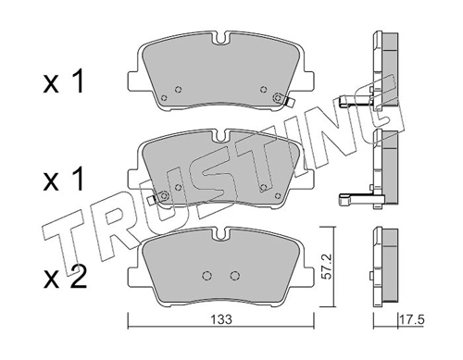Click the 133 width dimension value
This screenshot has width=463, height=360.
click(x=221, y=320)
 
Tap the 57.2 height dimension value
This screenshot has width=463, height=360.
click(x=327, y=267)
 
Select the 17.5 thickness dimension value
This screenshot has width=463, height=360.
click(x=412, y=320)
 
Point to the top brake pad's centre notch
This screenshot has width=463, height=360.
click(x=221, y=39)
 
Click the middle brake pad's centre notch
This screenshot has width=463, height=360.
click(x=221, y=137)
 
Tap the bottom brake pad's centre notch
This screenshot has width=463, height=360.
click(x=221, y=234)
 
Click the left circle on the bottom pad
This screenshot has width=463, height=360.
click(x=206, y=275)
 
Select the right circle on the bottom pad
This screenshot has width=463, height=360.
click(x=235, y=275)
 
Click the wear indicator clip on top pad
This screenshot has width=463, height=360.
click(x=289, y=102)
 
